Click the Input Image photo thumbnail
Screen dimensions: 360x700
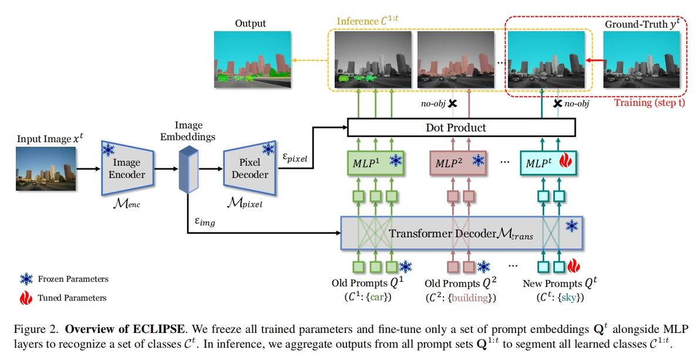(46, 169)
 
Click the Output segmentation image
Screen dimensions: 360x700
(251, 60)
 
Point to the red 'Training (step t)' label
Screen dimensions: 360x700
(648, 103)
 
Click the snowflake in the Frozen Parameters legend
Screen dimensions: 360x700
(26, 279)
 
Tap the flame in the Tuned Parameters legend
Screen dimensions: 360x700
(26, 298)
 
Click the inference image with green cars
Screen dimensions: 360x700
(373, 60)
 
